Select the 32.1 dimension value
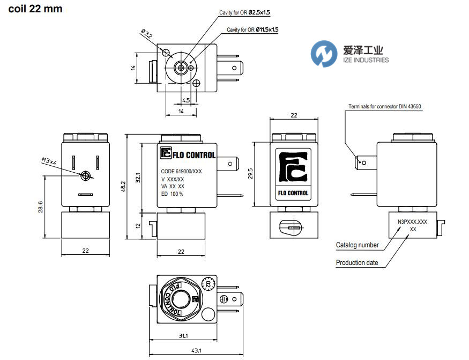[137, 178]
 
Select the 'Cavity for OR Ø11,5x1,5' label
[252, 30]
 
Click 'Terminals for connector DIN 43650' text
[385, 107]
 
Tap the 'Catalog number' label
[357, 245]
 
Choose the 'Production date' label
[357, 263]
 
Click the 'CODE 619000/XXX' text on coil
[181, 172]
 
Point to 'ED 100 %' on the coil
[173, 194]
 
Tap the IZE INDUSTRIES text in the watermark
[366, 60]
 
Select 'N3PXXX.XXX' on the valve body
[412, 221]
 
